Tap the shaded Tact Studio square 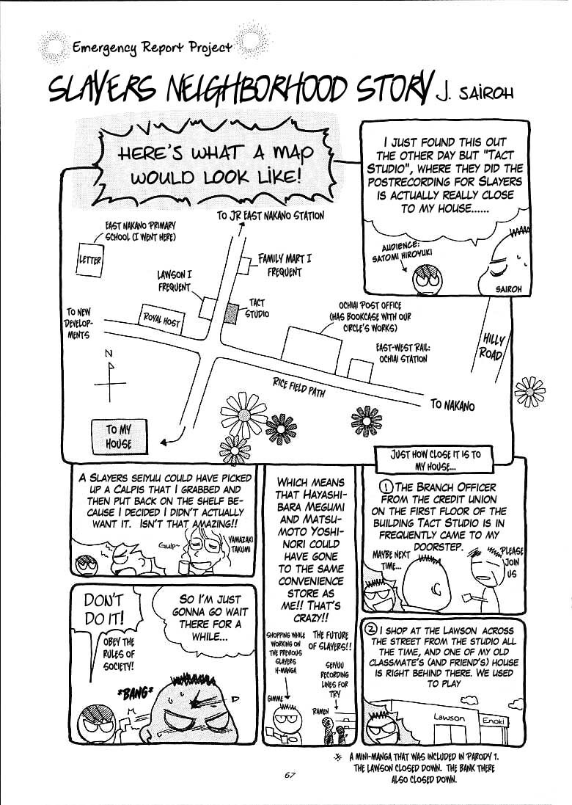pos(232,312)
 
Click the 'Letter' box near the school pos(90,261)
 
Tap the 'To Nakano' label pos(452,406)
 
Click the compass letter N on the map pos(109,354)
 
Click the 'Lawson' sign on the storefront pos(448,717)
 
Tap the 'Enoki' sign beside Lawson pos(492,721)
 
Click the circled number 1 pos(386,488)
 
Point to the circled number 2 pos(371,630)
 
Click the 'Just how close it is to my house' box pos(436,459)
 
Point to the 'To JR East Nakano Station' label pos(270,215)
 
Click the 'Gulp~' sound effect pos(168,546)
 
